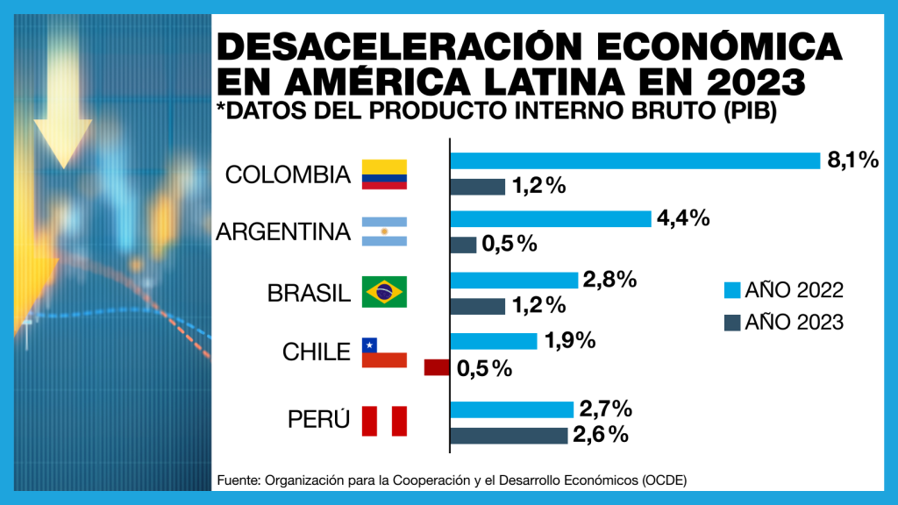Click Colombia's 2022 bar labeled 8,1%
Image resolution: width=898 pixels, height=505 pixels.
pyautogui.click(x=635, y=160)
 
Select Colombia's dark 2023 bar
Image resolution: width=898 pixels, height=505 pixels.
pyautogui.click(x=478, y=187)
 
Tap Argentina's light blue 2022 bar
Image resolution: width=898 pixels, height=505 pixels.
pyautogui.click(x=551, y=218)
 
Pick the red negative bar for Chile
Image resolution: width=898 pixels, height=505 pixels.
pyautogui.click(x=437, y=367)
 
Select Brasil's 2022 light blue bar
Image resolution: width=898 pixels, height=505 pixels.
pyautogui.click(x=514, y=280)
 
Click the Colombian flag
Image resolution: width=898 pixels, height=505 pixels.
pyautogui.click(x=384, y=174)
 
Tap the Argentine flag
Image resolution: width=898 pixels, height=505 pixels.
pyautogui.click(x=384, y=231)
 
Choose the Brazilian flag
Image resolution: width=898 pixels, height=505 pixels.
pyautogui.click(x=384, y=291)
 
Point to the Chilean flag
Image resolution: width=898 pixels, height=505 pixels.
pyautogui.click(x=384, y=352)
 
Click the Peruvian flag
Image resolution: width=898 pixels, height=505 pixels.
pyautogui.click(x=384, y=421)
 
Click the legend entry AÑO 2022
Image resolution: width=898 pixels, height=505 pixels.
pyautogui.click(x=783, y=290)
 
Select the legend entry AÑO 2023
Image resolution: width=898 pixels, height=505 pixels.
pyautogui.click(x=783, y=322)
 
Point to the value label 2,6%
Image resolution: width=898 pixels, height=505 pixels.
pyautogui.click(x=602, y=435)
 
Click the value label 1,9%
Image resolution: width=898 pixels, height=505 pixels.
pyautogui.click(x=570, y=340)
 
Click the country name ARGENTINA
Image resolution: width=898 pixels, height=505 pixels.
pyautogui.click(x=283, y=232)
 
